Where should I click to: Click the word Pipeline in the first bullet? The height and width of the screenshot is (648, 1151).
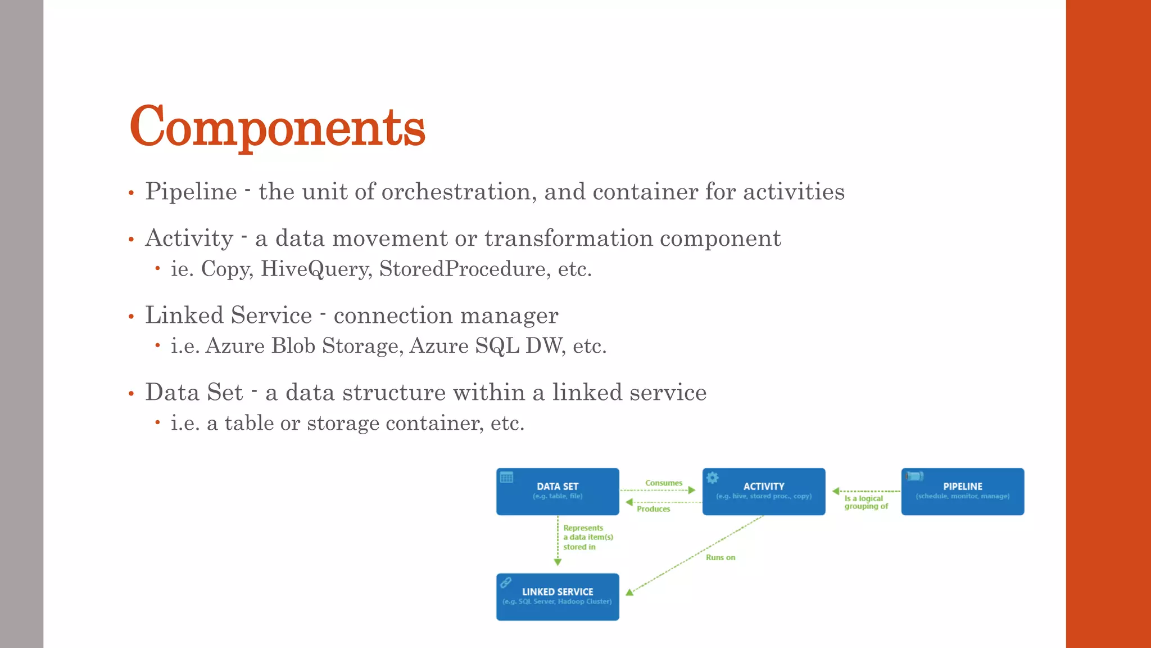coord(191,192)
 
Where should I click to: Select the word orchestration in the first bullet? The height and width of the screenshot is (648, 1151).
coord(456,192)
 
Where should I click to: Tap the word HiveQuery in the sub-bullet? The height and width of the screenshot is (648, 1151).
coord(315,269)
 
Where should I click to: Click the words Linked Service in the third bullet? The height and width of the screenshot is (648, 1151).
coord(228,315)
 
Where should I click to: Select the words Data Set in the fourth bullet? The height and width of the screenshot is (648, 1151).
coord(194,392)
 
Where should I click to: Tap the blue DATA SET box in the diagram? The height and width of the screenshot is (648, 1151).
coord(558,491)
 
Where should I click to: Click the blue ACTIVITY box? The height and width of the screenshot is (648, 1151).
coord(763,491)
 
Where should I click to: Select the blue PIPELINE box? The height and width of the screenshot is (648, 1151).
coord(962,491)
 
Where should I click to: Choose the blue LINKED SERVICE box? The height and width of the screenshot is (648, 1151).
coord(558,596)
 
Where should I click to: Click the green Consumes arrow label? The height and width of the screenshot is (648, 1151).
coord(663,483)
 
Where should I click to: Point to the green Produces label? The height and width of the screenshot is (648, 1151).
coord(653,509)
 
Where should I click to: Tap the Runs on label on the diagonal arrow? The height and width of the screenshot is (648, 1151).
coord(720,557)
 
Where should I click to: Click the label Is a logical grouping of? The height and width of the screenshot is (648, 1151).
coord(865,502)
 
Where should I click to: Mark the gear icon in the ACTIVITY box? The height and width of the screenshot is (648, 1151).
coord(713,478)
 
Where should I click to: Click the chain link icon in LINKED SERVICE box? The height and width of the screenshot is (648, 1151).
coord(506,582)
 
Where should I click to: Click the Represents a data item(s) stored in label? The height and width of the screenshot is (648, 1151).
coord(587,537)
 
